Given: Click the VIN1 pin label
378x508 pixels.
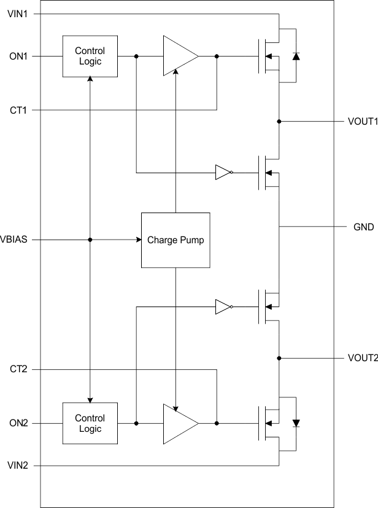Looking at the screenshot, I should (x=17, y=13).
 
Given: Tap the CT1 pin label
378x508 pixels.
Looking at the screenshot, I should (x=17, y=110).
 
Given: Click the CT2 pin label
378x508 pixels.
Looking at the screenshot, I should (x=17, y=369).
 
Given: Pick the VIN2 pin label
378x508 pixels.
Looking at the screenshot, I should (x=17, y=466).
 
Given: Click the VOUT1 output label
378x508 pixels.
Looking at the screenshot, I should (x=362, y=122).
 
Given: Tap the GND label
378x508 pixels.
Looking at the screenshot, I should (x=363, y=227).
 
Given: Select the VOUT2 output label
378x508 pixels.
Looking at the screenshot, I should (x=362, y=358).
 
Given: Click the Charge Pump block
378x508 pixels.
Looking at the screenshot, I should (x=175, y=240).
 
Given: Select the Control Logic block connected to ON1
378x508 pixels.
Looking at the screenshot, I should (x=90, y=56).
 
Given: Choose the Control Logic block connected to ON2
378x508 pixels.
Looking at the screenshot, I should (x=90, y=423).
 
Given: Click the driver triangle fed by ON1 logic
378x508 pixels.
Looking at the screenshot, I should (x=179, y=56).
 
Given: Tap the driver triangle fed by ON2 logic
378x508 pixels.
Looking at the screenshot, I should (x=179, y=423).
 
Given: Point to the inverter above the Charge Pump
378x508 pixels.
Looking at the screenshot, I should (x=223, y=173).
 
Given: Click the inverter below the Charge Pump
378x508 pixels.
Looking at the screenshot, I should (x=223, y=307).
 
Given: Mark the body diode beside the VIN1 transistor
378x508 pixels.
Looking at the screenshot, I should (x=296, y=56).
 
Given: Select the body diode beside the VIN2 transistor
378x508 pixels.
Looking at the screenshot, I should (x=296, y=423).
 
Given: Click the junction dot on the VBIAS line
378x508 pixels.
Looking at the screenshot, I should (x=90, y=240).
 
